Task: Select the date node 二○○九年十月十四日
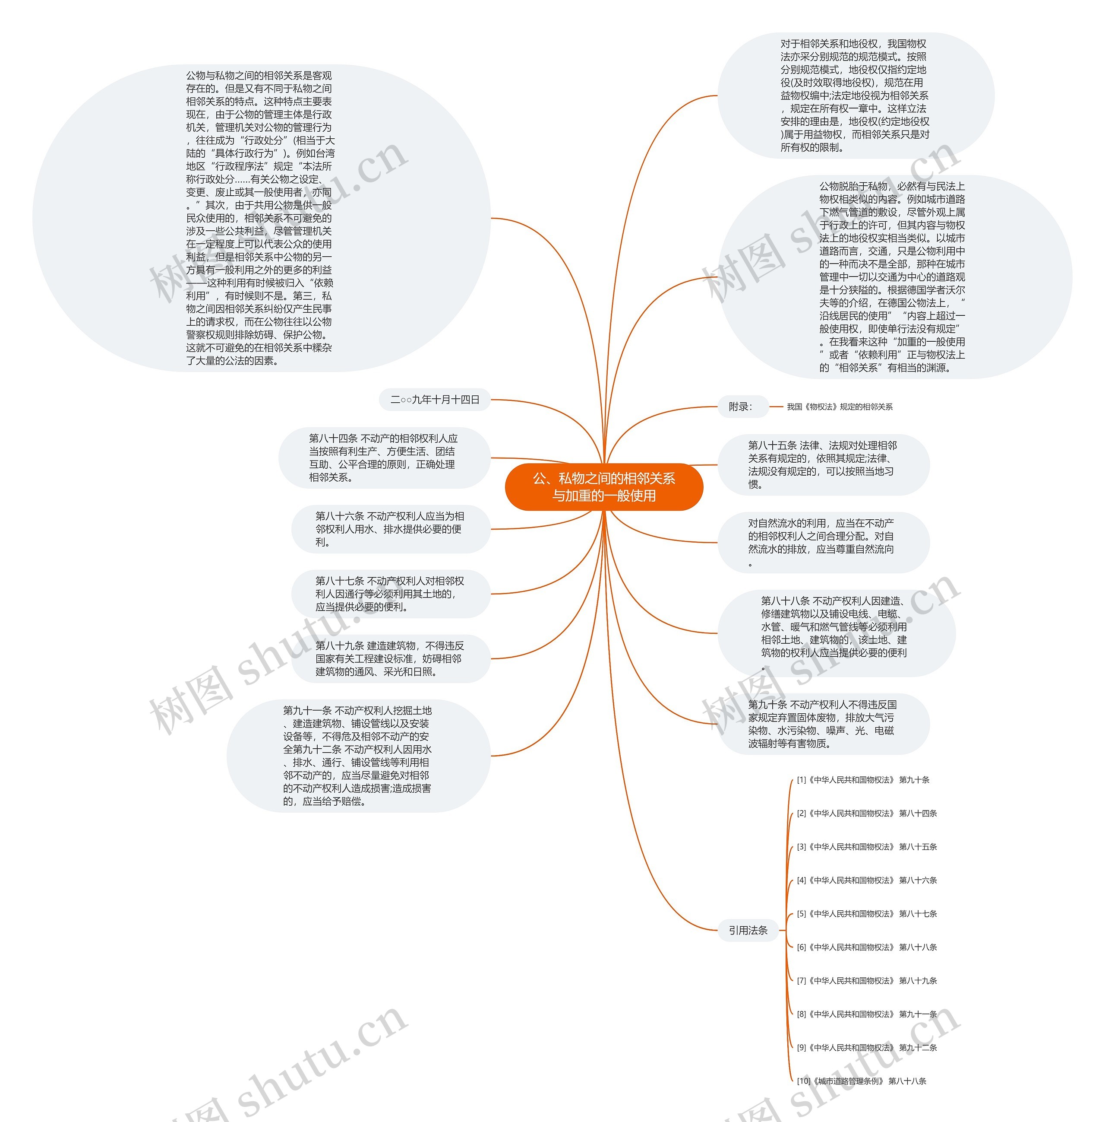435,400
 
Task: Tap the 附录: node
741,407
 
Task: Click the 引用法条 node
748,930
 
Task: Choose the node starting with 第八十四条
384,458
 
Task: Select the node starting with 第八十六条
390,528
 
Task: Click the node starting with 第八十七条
390,594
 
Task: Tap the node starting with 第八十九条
390,658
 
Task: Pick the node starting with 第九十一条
358,756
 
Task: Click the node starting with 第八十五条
823,464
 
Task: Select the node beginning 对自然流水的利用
823,542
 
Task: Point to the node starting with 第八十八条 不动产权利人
836,633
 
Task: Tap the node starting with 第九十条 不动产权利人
823,724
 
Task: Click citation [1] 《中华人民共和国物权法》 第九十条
863,780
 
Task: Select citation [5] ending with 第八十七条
866,913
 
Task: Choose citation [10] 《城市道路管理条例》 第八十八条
861,1081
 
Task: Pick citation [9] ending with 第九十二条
866,1047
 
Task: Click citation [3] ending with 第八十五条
866,847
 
